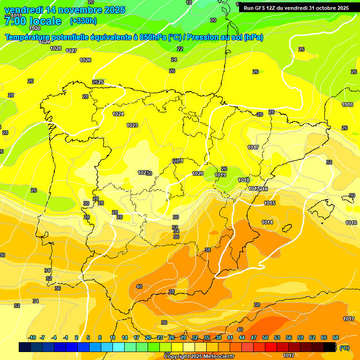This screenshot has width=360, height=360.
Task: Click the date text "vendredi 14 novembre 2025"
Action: click(x=65, y=10)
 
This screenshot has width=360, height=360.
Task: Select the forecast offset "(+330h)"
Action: click(x=83, y=21)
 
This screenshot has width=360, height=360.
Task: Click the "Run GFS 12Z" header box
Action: click(x=296, y=8)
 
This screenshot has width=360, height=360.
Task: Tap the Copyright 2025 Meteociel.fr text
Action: click(x=199, y=357)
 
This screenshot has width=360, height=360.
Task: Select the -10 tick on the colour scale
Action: click(x=32, y=337)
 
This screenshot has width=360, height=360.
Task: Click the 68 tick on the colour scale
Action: click(x=336, y=337)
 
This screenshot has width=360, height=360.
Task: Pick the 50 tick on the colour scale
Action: click(x=265, y=337)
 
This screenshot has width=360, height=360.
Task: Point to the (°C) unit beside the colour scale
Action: click(x=345, y=348)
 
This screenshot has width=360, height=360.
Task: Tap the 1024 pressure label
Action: click(x=118, y=114)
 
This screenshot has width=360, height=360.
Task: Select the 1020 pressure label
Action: click(x=198, y=173)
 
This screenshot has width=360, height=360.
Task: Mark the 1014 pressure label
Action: click(x=267, y=222)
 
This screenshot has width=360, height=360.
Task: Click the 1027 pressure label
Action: click(x=71, y=51)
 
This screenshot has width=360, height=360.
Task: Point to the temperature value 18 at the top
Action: click(x=189, y=3)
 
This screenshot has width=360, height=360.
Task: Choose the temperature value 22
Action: click(x=180, y=49)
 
